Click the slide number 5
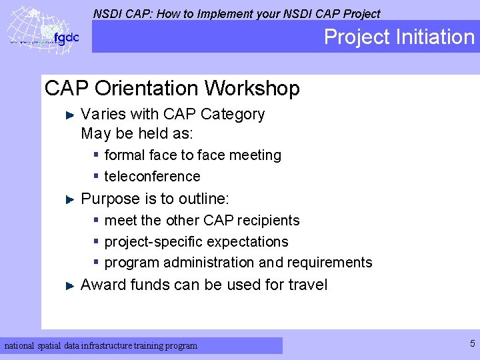pyautogui.click(x=472, y=344)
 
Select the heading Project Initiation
pyautogui.click(x=399, y=37)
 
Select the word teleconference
pyautogui.click(x=152, y=177)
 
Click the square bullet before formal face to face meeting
pyautogui.click(x=97, y=155)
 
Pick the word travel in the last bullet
pyautogui.click(x=307, y=285)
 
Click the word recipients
pyautogui.click(x=268, y=221)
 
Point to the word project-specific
pyautogui.click(x=150, y=242)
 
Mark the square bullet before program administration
pyautogui.click(x=97, y=262)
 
